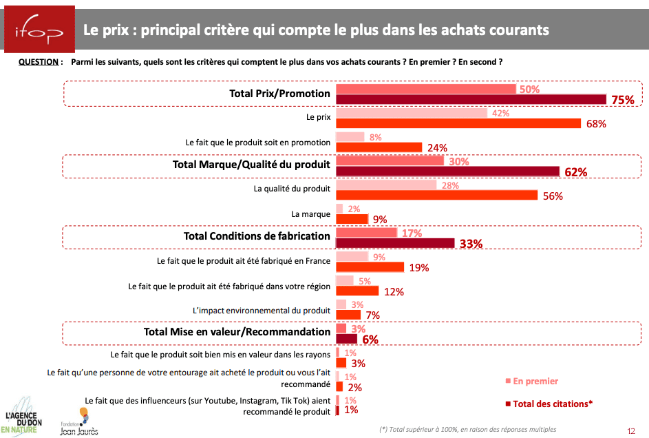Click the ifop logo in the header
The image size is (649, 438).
pos(37,31)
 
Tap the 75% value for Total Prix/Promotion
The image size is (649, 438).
pos(622,100)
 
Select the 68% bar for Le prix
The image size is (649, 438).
pos(458,123)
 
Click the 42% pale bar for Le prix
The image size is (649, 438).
pos(411,113)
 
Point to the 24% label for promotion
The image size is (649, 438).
pos(437,147)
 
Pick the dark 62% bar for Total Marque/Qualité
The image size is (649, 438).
pos(447,171)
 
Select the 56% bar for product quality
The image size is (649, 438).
pos(436,195)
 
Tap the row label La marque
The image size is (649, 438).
pos(311,214)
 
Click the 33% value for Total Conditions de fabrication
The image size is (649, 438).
pos(471,243)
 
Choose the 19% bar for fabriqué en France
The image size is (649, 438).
pos(370,267)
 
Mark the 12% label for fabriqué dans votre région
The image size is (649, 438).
pos(394,291)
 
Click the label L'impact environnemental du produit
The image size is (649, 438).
pos(262,310)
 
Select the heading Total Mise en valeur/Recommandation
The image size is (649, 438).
pos(237,332)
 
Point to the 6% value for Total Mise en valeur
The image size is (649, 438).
pos(370,339)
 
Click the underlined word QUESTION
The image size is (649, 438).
pos(39,62)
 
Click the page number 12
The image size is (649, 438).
pos(631,430)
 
